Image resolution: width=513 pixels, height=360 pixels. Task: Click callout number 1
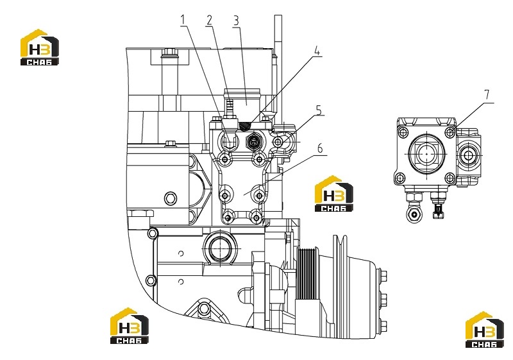pos(183,20)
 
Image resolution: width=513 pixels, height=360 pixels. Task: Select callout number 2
pos(209,21)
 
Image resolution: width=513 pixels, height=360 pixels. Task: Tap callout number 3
pos(236,21)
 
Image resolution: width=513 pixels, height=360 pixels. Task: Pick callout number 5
pos(319,110)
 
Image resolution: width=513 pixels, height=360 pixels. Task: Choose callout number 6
pos(319,148)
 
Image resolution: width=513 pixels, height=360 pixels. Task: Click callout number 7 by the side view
pos(487,94)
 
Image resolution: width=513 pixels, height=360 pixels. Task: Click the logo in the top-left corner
pos(40,47)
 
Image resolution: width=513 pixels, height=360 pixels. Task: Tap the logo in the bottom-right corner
pos(485,330)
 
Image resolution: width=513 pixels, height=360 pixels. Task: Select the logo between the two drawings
pos(334,194)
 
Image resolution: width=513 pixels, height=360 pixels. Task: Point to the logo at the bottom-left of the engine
pos(130,325)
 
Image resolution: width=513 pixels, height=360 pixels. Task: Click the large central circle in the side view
pos(427,153)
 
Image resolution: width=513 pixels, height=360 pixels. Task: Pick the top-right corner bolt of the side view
pos(451,132)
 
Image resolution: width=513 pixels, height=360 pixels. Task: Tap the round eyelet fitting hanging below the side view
pos(414,215)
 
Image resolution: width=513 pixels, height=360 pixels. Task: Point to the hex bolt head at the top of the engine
pos(169,52)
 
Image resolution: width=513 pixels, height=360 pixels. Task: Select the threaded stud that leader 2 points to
pos(230,108)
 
